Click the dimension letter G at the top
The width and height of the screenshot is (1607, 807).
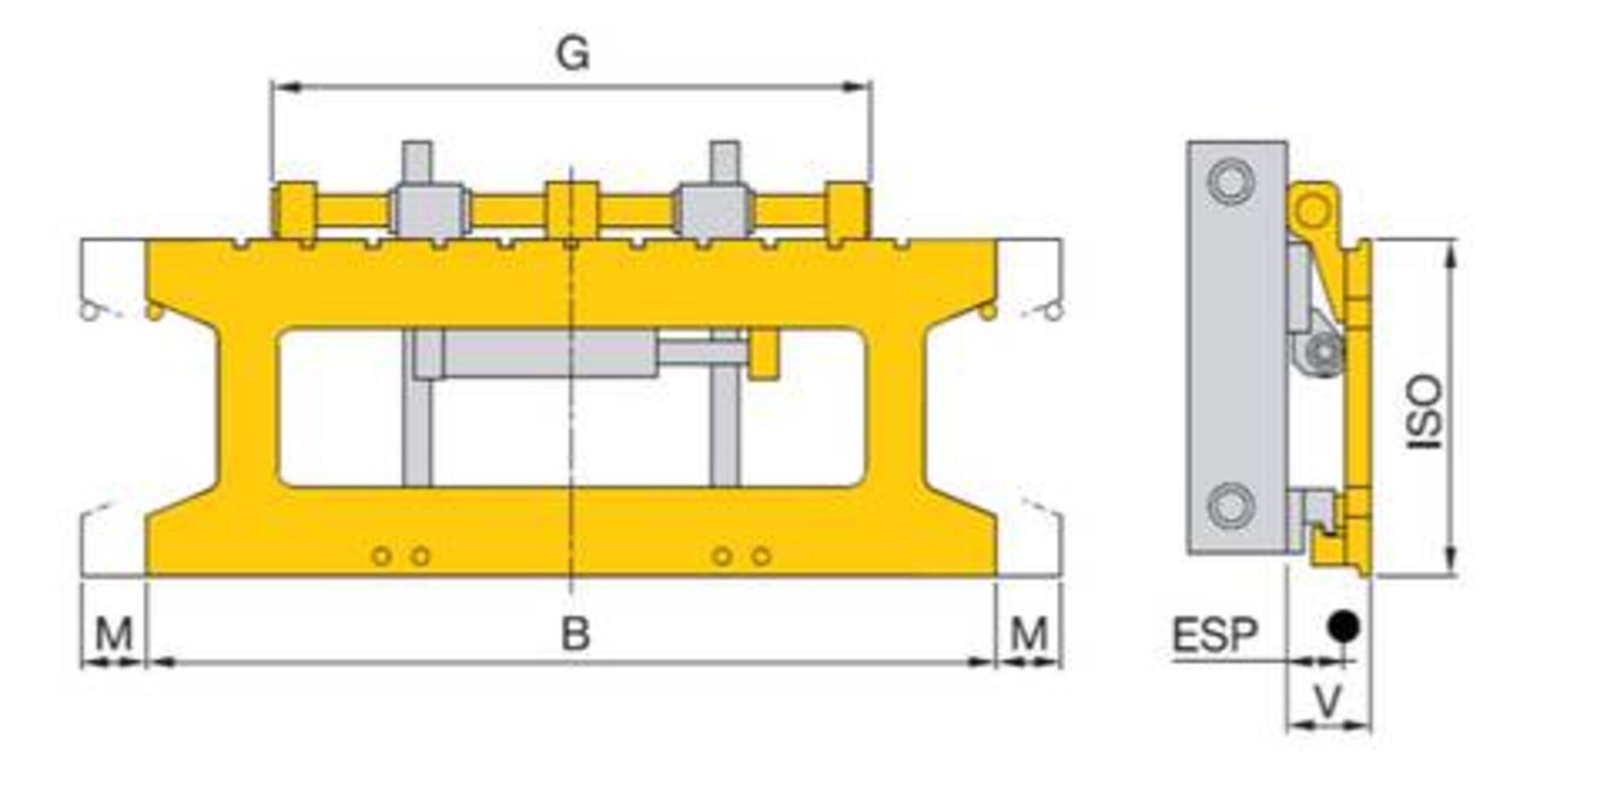pos(572,54)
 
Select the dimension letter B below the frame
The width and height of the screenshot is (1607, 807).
pos(575,634)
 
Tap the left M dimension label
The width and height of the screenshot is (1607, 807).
pos(113,634)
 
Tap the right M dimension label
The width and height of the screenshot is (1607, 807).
pos(1029,634)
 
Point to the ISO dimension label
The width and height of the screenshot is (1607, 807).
pos(1425,411)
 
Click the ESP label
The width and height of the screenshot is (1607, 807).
pos(1215,635)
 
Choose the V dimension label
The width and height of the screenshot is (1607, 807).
pos(1328,701)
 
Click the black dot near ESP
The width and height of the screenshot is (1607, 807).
pos(1343,626)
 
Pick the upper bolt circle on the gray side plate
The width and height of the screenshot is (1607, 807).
pos(1230,181)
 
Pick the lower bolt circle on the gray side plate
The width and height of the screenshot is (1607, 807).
pos(1230,506)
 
